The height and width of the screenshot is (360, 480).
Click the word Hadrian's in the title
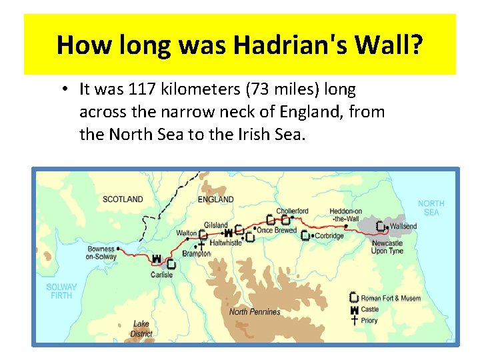[x=288, y=45]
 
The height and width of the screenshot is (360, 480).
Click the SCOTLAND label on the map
[x=123, y=199]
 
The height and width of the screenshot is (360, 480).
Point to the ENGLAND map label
[x=216, y=199]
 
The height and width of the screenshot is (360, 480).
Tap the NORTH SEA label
[x=431, y=208]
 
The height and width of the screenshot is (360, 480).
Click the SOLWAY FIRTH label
[x=61, y=291]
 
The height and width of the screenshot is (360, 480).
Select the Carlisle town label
[x=161, y=275]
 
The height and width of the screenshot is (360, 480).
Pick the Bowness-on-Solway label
[x=101, y=253]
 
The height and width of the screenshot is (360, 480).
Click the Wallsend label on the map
[x=403, y=226]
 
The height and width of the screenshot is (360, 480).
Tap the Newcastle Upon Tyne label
[x=387, y=247]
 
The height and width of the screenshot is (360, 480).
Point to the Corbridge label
[x=329, y=236]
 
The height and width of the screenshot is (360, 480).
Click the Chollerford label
[x=293, y=211]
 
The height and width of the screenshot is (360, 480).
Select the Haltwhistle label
[x=225, y=243]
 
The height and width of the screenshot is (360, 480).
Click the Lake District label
[x=141, y=329]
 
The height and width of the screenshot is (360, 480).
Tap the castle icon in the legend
[x=355, y=309]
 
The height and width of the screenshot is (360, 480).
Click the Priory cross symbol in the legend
[x=355, y=320]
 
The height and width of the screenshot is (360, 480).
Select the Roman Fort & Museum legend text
[x=391, y=298]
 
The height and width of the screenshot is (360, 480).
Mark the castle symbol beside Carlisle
[x=157, y=259]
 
